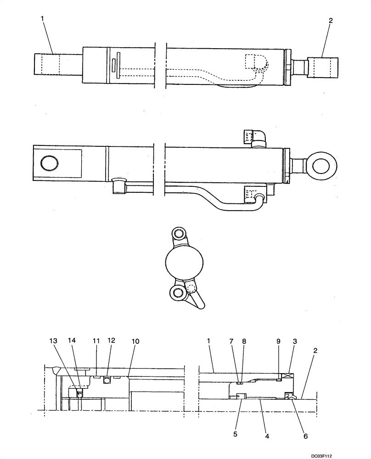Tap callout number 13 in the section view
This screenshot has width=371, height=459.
coord(54,341)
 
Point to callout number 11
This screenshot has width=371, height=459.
coord(96,341)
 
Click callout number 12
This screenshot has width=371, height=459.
coord(112,341)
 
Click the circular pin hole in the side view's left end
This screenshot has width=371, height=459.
coord(50,162)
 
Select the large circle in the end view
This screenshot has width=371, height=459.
coord(184,263)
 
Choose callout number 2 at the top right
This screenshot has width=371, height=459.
coord(331,20)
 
